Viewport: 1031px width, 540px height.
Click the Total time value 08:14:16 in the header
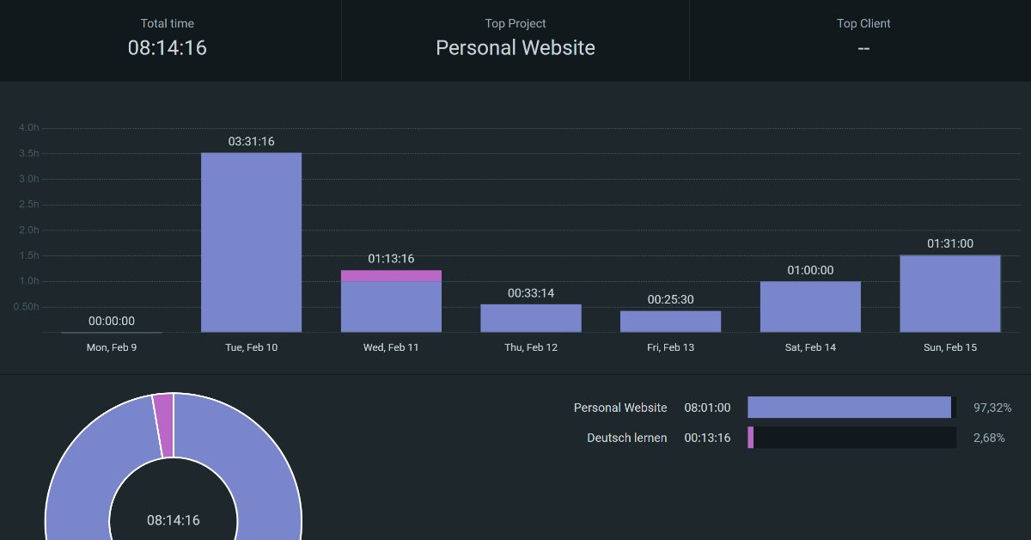[x=168, y=47]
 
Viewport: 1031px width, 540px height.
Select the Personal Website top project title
[x=515, y=48]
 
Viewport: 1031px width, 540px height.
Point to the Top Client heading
[x=863, y=23]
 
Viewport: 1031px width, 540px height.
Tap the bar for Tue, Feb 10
[x=251, y=242]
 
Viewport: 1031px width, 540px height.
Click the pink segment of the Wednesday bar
[x=391, y=276]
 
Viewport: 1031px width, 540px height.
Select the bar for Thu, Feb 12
[x=531, y=318]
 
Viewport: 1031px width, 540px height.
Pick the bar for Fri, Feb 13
[x=670, y=322]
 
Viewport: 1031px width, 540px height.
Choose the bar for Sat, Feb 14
[x=810, y=307]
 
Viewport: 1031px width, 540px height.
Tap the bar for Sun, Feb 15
[x=950, y=294]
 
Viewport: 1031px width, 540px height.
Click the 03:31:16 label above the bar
[x=251, y=141]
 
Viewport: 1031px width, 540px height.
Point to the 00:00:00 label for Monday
[x=112, y=321]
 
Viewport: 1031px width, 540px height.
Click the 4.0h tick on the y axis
[x=28, y=127]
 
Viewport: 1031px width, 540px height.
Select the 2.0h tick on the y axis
[x=28, y=230]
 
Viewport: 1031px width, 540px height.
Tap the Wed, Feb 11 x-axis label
[x=391, y=347]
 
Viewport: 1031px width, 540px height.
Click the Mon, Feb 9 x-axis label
[x=112, y=347]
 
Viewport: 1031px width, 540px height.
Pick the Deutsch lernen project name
[x=626, y=438]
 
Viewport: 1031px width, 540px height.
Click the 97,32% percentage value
[x=992, y=408]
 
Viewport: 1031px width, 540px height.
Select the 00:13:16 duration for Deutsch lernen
[x=707, y=438]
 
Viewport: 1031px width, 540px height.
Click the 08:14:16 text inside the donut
[x=174, y=520]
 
